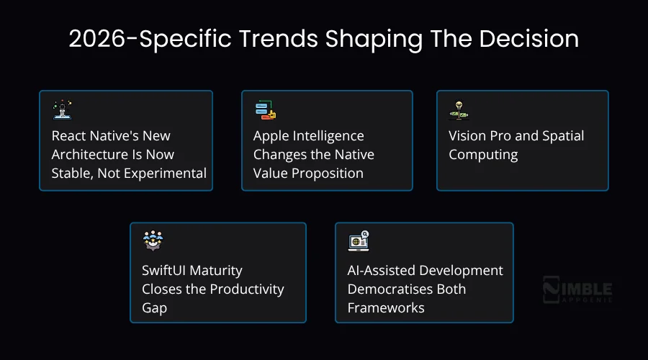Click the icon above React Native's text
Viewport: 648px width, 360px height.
(x=63, y=110)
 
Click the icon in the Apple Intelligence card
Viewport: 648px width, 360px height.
(x=266, y=110)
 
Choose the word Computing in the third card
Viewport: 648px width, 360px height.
(x=483, y=154)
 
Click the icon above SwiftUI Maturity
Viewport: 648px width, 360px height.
(x=153, y=240)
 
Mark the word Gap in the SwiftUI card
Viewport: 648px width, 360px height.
(x=154, y=307)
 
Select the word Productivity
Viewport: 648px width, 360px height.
(x=247, y=289)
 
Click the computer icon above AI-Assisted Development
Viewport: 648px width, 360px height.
(x=359, y=240)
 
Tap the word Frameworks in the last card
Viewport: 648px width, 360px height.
(x=386, y=307)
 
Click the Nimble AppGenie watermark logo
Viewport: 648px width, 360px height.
(x=577, y=289)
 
